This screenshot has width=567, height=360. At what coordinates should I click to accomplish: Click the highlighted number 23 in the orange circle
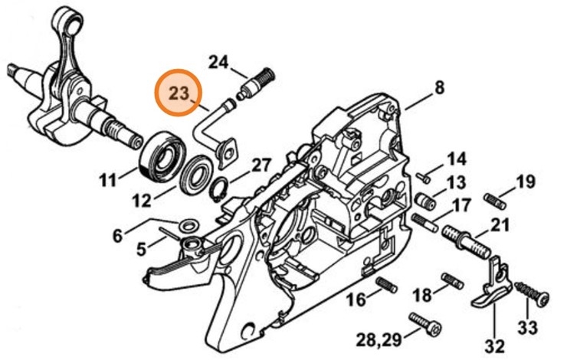point(179,94)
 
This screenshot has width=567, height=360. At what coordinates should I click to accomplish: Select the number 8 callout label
point(439,88)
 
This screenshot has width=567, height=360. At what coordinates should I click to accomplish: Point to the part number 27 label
point(261,165)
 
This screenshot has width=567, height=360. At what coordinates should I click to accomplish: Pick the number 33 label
point(527,329)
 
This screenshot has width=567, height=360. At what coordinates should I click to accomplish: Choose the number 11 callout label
point(107,181)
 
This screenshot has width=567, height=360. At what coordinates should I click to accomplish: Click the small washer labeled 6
point(185,224)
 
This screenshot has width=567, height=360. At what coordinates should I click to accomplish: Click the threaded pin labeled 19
point(495,201)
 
